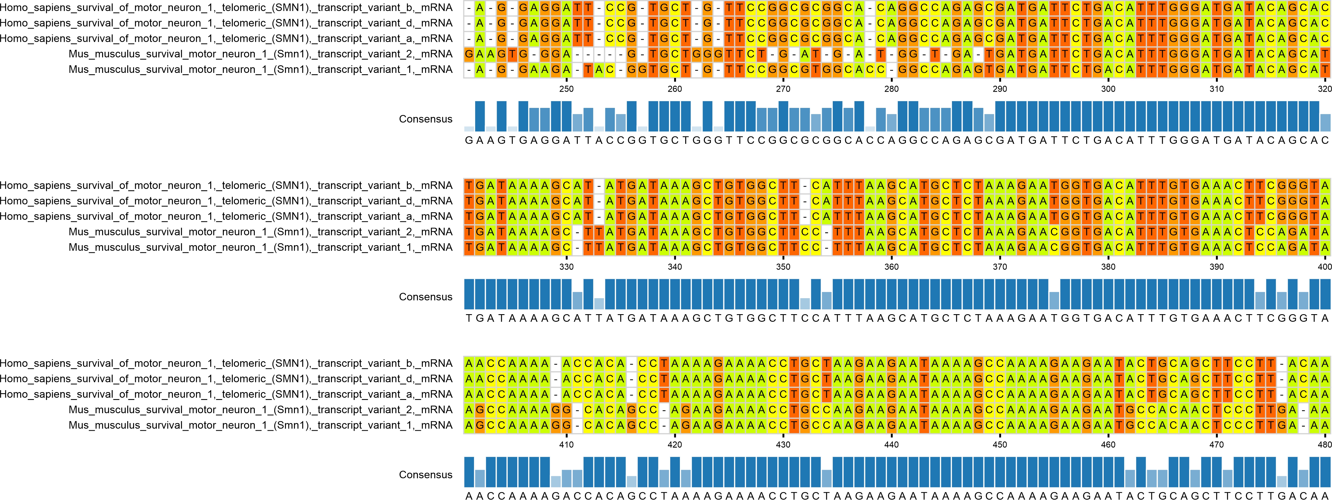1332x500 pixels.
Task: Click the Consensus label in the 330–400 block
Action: coord(425,297)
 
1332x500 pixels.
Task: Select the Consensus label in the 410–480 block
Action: coord(425,475)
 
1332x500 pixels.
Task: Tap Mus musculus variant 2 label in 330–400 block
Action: coord(260,232)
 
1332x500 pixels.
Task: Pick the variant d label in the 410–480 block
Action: coord(226,379)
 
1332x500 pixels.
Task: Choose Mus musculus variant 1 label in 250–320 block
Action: coord(260,69)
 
